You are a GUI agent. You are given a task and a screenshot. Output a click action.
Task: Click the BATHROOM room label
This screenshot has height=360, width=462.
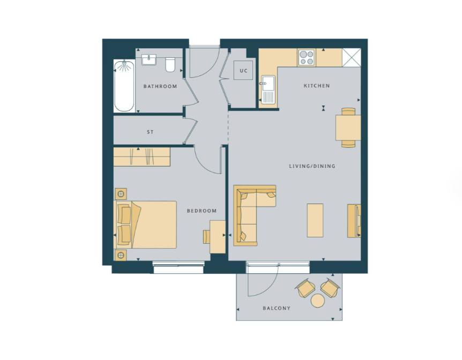(160, 86)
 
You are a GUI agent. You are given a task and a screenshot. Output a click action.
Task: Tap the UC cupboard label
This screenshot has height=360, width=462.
(244, 71)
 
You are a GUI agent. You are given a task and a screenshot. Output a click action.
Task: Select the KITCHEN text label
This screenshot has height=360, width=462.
(317, 86)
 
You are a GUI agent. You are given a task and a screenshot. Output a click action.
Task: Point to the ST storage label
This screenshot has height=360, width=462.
(150, 132)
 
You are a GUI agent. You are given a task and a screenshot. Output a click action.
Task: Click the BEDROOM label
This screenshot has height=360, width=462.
(202, 211)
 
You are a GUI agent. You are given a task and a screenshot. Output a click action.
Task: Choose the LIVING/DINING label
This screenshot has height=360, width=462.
(312, 166)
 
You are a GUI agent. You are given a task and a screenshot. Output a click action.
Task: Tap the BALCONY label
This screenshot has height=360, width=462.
(277, 308)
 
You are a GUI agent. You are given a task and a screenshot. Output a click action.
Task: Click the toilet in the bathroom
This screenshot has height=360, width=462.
(170, 64)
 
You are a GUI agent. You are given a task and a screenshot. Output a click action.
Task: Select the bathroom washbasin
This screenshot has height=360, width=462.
(150, 59)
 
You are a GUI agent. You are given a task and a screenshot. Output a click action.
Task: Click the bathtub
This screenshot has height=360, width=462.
(124, 86)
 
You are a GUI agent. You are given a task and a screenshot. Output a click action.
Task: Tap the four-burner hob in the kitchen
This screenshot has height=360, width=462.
(307, 58)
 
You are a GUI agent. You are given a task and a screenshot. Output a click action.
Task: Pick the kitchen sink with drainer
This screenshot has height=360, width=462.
(267, 89)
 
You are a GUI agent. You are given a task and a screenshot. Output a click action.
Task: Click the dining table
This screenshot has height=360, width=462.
(348, 127)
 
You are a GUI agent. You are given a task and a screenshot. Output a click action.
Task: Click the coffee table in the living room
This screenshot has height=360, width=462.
(315, 220)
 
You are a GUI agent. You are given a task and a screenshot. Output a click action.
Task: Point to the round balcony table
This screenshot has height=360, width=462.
(318, 301)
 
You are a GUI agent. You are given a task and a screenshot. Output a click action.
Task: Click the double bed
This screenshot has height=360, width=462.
(145, 225)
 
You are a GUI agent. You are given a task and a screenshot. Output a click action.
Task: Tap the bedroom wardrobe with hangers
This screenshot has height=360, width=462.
(142, 157)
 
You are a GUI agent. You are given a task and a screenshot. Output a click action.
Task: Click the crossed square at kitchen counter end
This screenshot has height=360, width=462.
(352, 58)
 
